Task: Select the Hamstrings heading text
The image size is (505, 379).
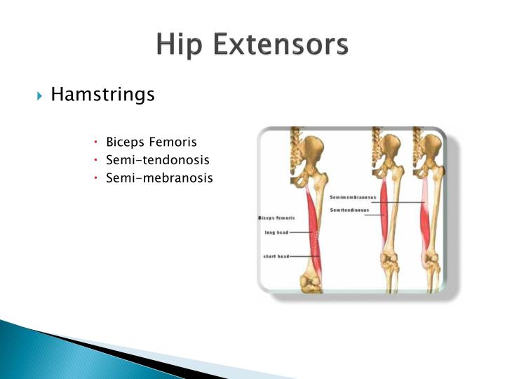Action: coord(102,94)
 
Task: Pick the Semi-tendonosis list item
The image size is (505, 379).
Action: coord(158,160)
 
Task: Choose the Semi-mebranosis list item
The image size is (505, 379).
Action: coord(159,178)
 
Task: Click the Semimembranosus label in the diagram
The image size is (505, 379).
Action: coord(353,197)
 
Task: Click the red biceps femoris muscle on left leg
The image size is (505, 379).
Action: coord(314,232)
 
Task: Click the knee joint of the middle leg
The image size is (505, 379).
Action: coord(390,263)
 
